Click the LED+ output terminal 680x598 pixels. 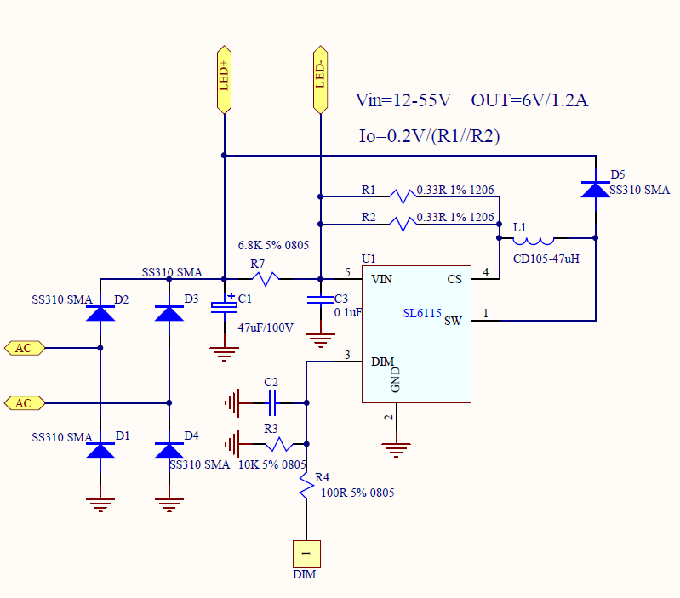[x=224, y=78]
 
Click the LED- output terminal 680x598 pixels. [x=320, y=78]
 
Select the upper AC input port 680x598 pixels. [x=25, y=348]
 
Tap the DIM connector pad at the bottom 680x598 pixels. [x=306, y=554]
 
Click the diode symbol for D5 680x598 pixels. [x=595, y=188]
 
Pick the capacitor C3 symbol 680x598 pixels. [x=320, y=299]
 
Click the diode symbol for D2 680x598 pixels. [x=100, y=312]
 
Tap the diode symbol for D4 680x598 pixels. [x=169, y=450]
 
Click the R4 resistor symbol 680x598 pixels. [x=306, y=487]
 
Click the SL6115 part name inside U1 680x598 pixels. [x=422, y=313]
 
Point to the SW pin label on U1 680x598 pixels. [x=453, y=321]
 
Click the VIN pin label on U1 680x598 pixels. [x=382, y=279]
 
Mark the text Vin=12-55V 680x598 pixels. [x=403, y=100]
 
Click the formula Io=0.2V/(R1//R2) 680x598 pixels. [x=430, y=135]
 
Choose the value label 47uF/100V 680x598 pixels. [x=265, y=327]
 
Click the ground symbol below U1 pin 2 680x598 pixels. [x=396, y=447]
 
